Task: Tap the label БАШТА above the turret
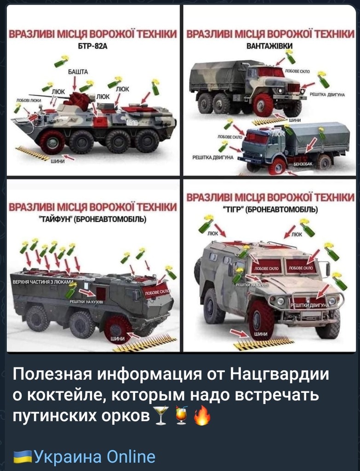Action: (74, 72)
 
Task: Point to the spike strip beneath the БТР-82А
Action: (32, 153)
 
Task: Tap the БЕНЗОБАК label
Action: (303, 164)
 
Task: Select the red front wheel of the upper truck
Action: (263, 104)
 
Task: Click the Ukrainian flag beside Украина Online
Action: (23, 457)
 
